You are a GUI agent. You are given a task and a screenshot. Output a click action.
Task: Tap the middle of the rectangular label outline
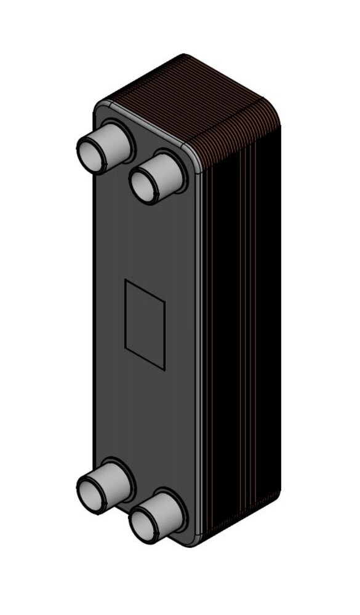pos(145,324)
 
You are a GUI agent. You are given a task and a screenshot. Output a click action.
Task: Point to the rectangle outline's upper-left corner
pos(126,280)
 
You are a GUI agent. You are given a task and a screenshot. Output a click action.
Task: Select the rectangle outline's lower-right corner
pos(165,369)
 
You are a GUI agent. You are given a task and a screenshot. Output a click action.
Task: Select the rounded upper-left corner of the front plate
pos(98,106)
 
